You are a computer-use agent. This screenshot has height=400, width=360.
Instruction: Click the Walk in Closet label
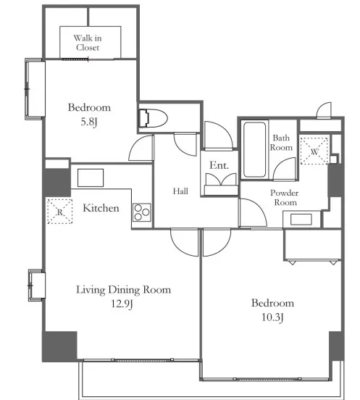click(88, 43)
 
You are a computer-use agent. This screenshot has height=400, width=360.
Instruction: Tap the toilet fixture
click(153, 118)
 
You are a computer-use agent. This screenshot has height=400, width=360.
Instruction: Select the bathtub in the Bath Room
click(254, 150)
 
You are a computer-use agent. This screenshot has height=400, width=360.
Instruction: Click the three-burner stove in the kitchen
click(142, 212)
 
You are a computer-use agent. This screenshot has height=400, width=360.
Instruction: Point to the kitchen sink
click(91, 178)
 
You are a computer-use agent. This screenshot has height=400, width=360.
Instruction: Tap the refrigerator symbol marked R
click(60, 212)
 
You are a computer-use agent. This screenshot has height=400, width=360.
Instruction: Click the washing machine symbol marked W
click(314, 151)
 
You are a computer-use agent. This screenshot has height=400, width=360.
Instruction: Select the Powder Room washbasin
click(301, 220)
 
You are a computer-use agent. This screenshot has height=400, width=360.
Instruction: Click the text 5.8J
click(89, 122)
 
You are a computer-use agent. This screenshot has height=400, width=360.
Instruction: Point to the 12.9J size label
click(122, 304)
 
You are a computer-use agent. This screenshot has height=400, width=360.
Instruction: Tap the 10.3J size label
click(273, 317)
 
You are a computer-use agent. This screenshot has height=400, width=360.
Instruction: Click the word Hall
click(180, 191)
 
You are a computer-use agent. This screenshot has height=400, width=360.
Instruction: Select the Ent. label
click(219, 165)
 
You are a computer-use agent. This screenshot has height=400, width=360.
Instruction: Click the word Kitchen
click(101, 208)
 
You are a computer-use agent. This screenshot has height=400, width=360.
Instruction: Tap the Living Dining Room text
click(124, 290)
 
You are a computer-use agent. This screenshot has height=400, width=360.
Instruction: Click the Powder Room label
click(285, 197)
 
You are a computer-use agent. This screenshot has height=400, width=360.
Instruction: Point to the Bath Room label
click(281, 142)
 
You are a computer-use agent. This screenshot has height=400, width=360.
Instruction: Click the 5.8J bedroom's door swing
click(141, 148)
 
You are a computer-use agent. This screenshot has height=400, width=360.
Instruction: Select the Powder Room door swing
click(252, 212)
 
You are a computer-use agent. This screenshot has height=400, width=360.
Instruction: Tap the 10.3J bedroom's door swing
click(217, 242)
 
